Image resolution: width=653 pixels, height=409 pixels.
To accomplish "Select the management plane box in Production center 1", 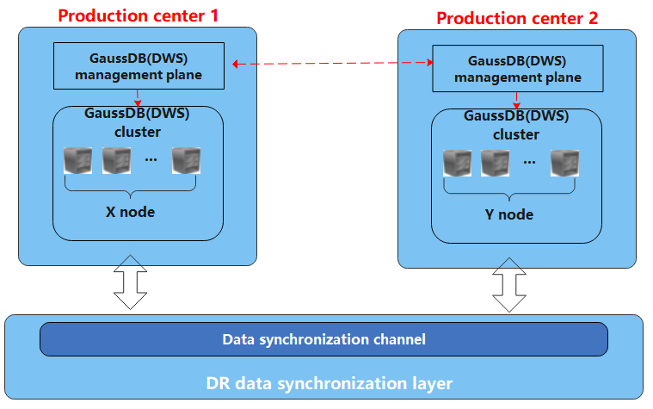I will pyautogui.click(x=138, y=66).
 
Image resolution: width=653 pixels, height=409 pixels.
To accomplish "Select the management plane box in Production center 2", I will pyautogui.click(x=517, y=69).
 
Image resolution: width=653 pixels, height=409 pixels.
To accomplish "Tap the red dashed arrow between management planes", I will pyautogui.click(x=331, y=63).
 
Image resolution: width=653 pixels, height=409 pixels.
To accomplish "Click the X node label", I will pyautogui.click(x=131, y=211).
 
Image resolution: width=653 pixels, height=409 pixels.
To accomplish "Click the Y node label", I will pyautogui.click(x=509, y=214).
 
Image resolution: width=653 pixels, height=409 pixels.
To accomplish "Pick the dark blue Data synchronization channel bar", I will pyautogui.click(x=323, y=339).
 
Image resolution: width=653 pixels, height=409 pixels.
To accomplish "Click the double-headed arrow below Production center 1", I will pyautogui.click(x=131, y=281).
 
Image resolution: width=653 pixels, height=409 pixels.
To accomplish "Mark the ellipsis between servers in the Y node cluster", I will pyautogui.click(x=530, y=162).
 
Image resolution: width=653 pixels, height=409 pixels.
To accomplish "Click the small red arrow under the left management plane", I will pyautogui.click(x=137, y=97).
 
